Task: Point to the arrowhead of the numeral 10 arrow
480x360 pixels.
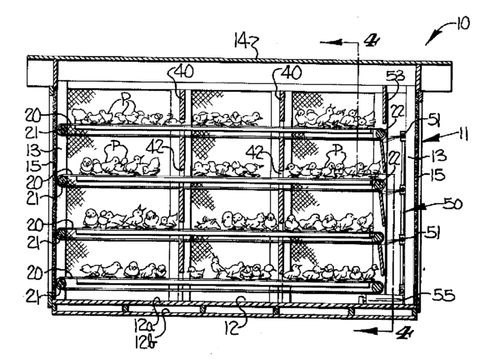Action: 427,43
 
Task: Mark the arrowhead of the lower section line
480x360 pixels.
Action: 353,330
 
